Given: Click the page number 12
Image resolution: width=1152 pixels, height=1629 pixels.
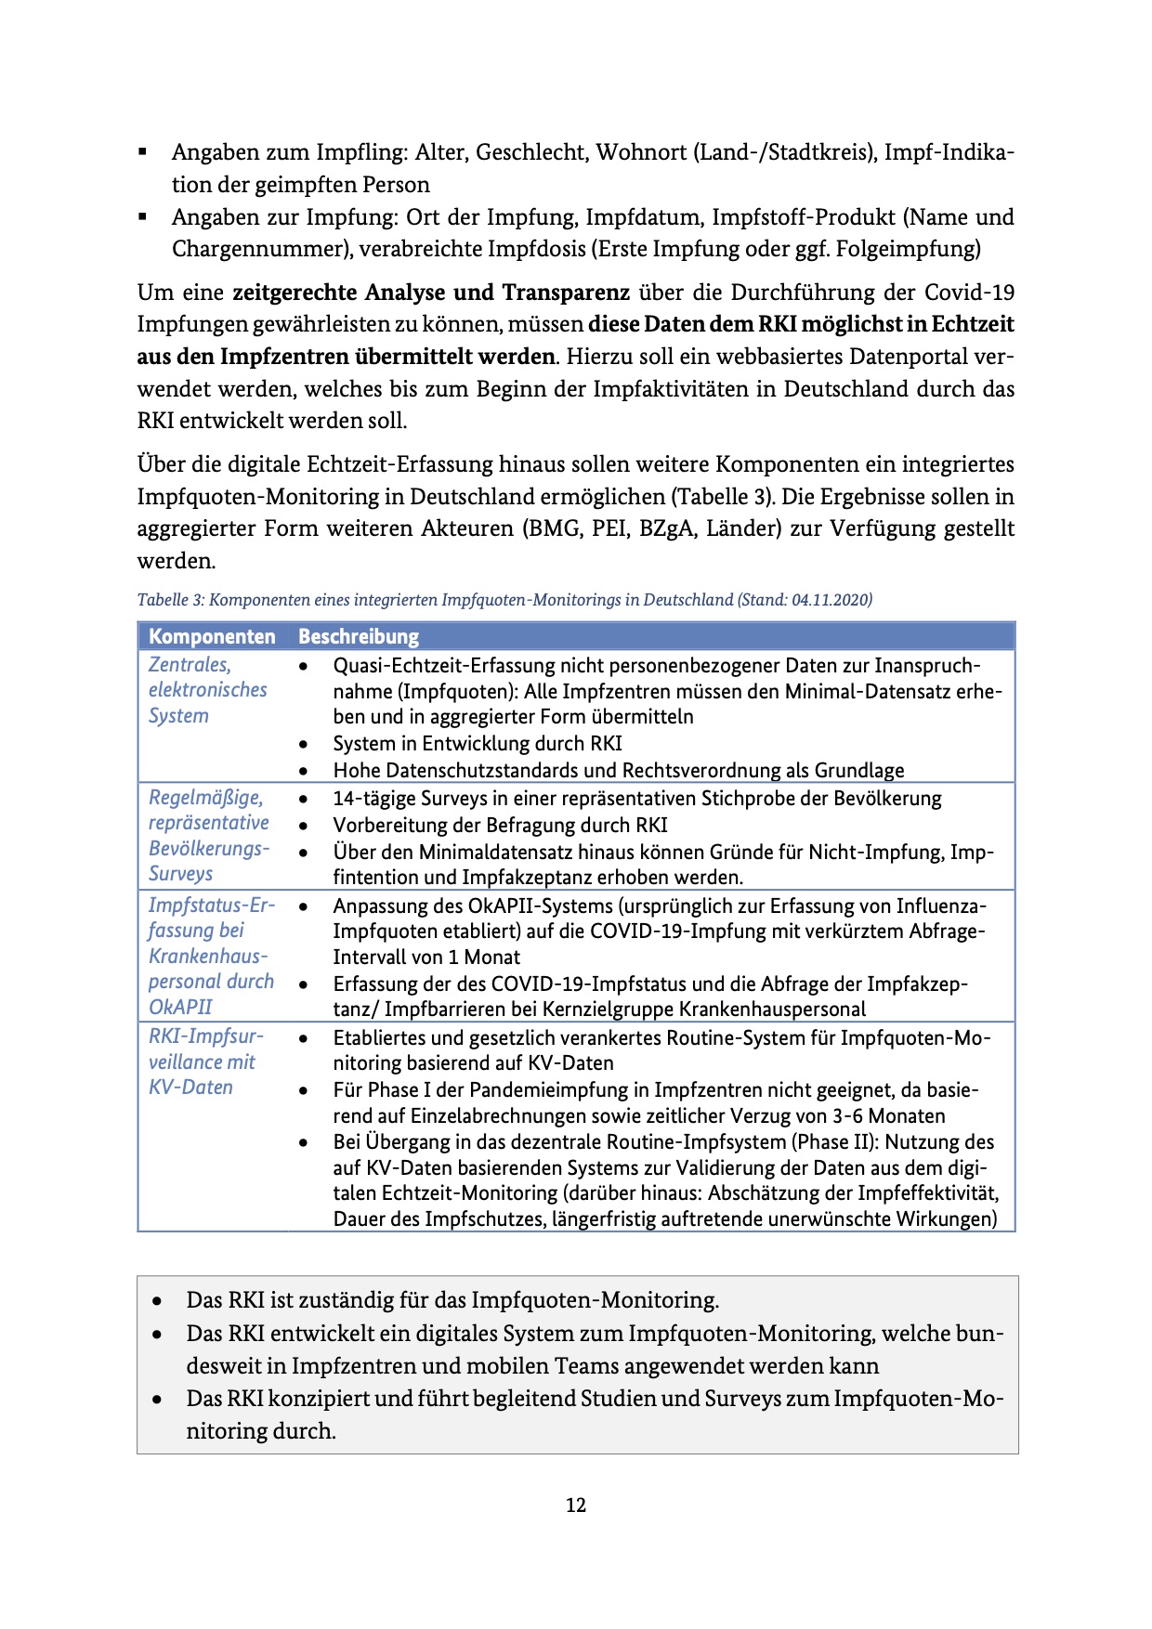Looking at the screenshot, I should click(x=576, y=1505).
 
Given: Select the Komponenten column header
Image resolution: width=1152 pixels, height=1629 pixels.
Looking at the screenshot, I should click(x=212, y=636).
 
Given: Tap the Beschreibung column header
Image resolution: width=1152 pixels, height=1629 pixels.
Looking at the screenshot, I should click(x=359, y=636).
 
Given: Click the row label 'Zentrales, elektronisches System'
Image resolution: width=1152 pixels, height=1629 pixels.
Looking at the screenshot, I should click(x=207, y=690).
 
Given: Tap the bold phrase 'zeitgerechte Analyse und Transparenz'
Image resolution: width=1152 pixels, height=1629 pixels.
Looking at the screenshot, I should click(x=431, y=293).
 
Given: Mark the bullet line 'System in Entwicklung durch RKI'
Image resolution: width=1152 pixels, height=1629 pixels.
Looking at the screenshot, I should click(x=478, y=744).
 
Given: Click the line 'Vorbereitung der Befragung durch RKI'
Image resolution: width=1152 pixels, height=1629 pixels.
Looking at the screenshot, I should click(x=500, y=825).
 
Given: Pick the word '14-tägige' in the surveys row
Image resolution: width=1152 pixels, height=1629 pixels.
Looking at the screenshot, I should click(x=375, y=799).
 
